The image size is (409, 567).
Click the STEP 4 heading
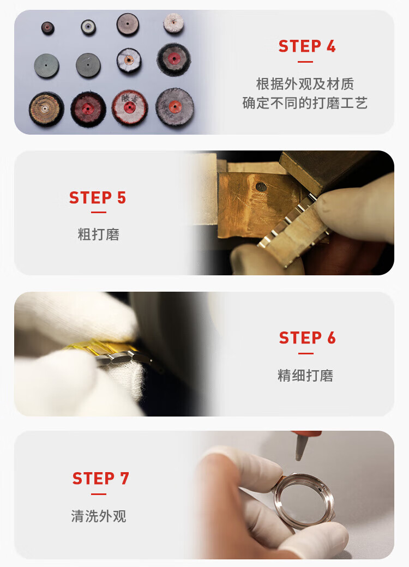click(x=307, y=46)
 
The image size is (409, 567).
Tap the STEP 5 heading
click(x=98, y=198)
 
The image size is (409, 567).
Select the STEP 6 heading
click(x=308, y=337)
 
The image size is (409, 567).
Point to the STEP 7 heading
click(x=100, y=479)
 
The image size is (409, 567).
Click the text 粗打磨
click(x=98, y=234)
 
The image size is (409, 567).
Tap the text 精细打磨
click(x=305, y=375)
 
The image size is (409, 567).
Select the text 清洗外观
click(x=99, y=516)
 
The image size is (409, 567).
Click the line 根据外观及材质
click(x=305, y=84)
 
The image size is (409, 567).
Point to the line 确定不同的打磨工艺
click(x=305, y=103)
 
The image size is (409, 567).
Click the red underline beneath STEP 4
click(x=305, y=62)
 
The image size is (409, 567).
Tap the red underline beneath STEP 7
click(x=99, y=494)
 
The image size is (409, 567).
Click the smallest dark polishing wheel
click(x=47, y=28)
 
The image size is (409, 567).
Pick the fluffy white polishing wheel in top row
click(x=173, y=23)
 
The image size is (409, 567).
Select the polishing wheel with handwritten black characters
click(x=129, y=107)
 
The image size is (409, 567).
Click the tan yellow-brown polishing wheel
click(x=46, y=109)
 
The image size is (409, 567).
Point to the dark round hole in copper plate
click(x=261, y=187)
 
